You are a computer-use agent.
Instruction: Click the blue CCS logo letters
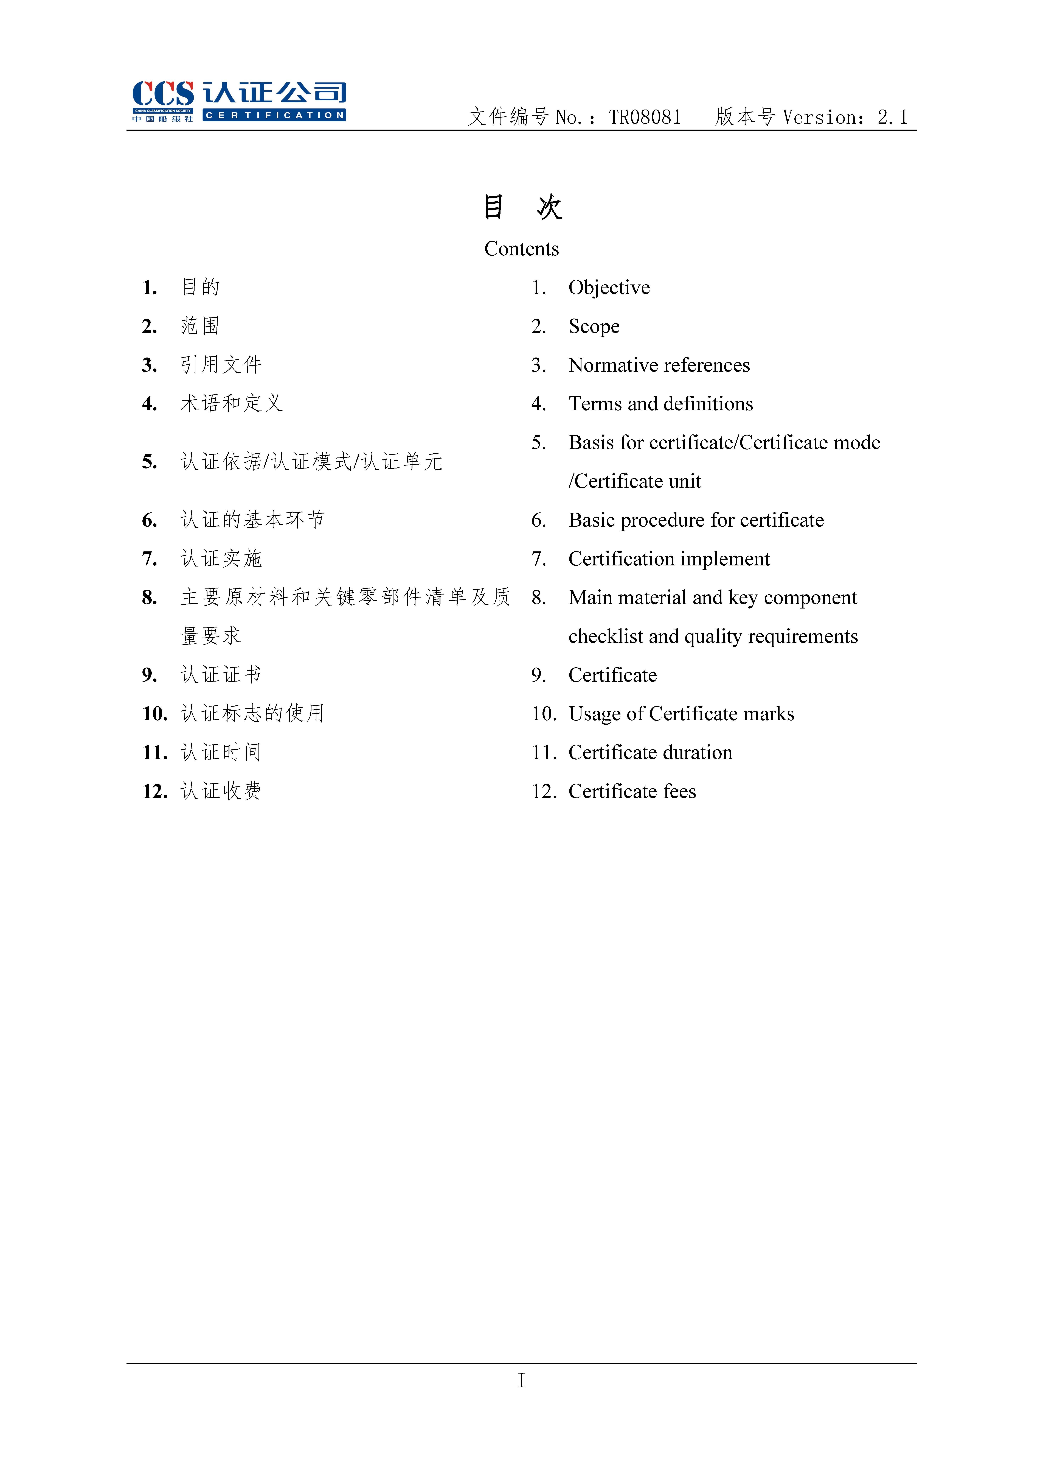[x=163, y=94]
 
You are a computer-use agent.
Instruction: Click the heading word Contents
[x=521, y=249]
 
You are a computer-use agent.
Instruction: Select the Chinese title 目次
[x=523, y=207]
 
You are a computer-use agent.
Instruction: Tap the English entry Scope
[x=594, y=327]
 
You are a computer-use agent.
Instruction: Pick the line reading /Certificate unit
[x=634, y=482]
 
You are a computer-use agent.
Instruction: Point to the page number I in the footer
[x=521, y=1380]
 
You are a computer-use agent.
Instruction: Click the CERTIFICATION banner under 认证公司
[x=274, y=116]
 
